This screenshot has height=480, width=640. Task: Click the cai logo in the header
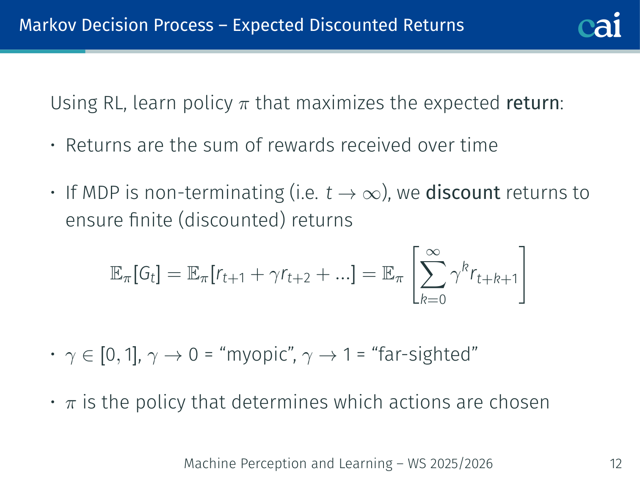point(599,25)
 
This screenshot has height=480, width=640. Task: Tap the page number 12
point(615,463)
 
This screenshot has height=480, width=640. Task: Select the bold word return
point(533,103)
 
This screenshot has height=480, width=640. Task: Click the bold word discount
point(463,193)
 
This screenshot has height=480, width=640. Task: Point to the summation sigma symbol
point(433,274)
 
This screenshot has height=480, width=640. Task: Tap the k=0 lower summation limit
point(433,300)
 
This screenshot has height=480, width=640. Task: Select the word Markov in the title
point(48,25)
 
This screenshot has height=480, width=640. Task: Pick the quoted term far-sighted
point(425,355)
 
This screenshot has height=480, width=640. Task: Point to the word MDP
point(101,193)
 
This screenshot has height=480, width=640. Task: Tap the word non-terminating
point(214,193)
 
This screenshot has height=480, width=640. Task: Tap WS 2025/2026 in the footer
point(450,463)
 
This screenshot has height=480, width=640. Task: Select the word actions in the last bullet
point(419,403)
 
